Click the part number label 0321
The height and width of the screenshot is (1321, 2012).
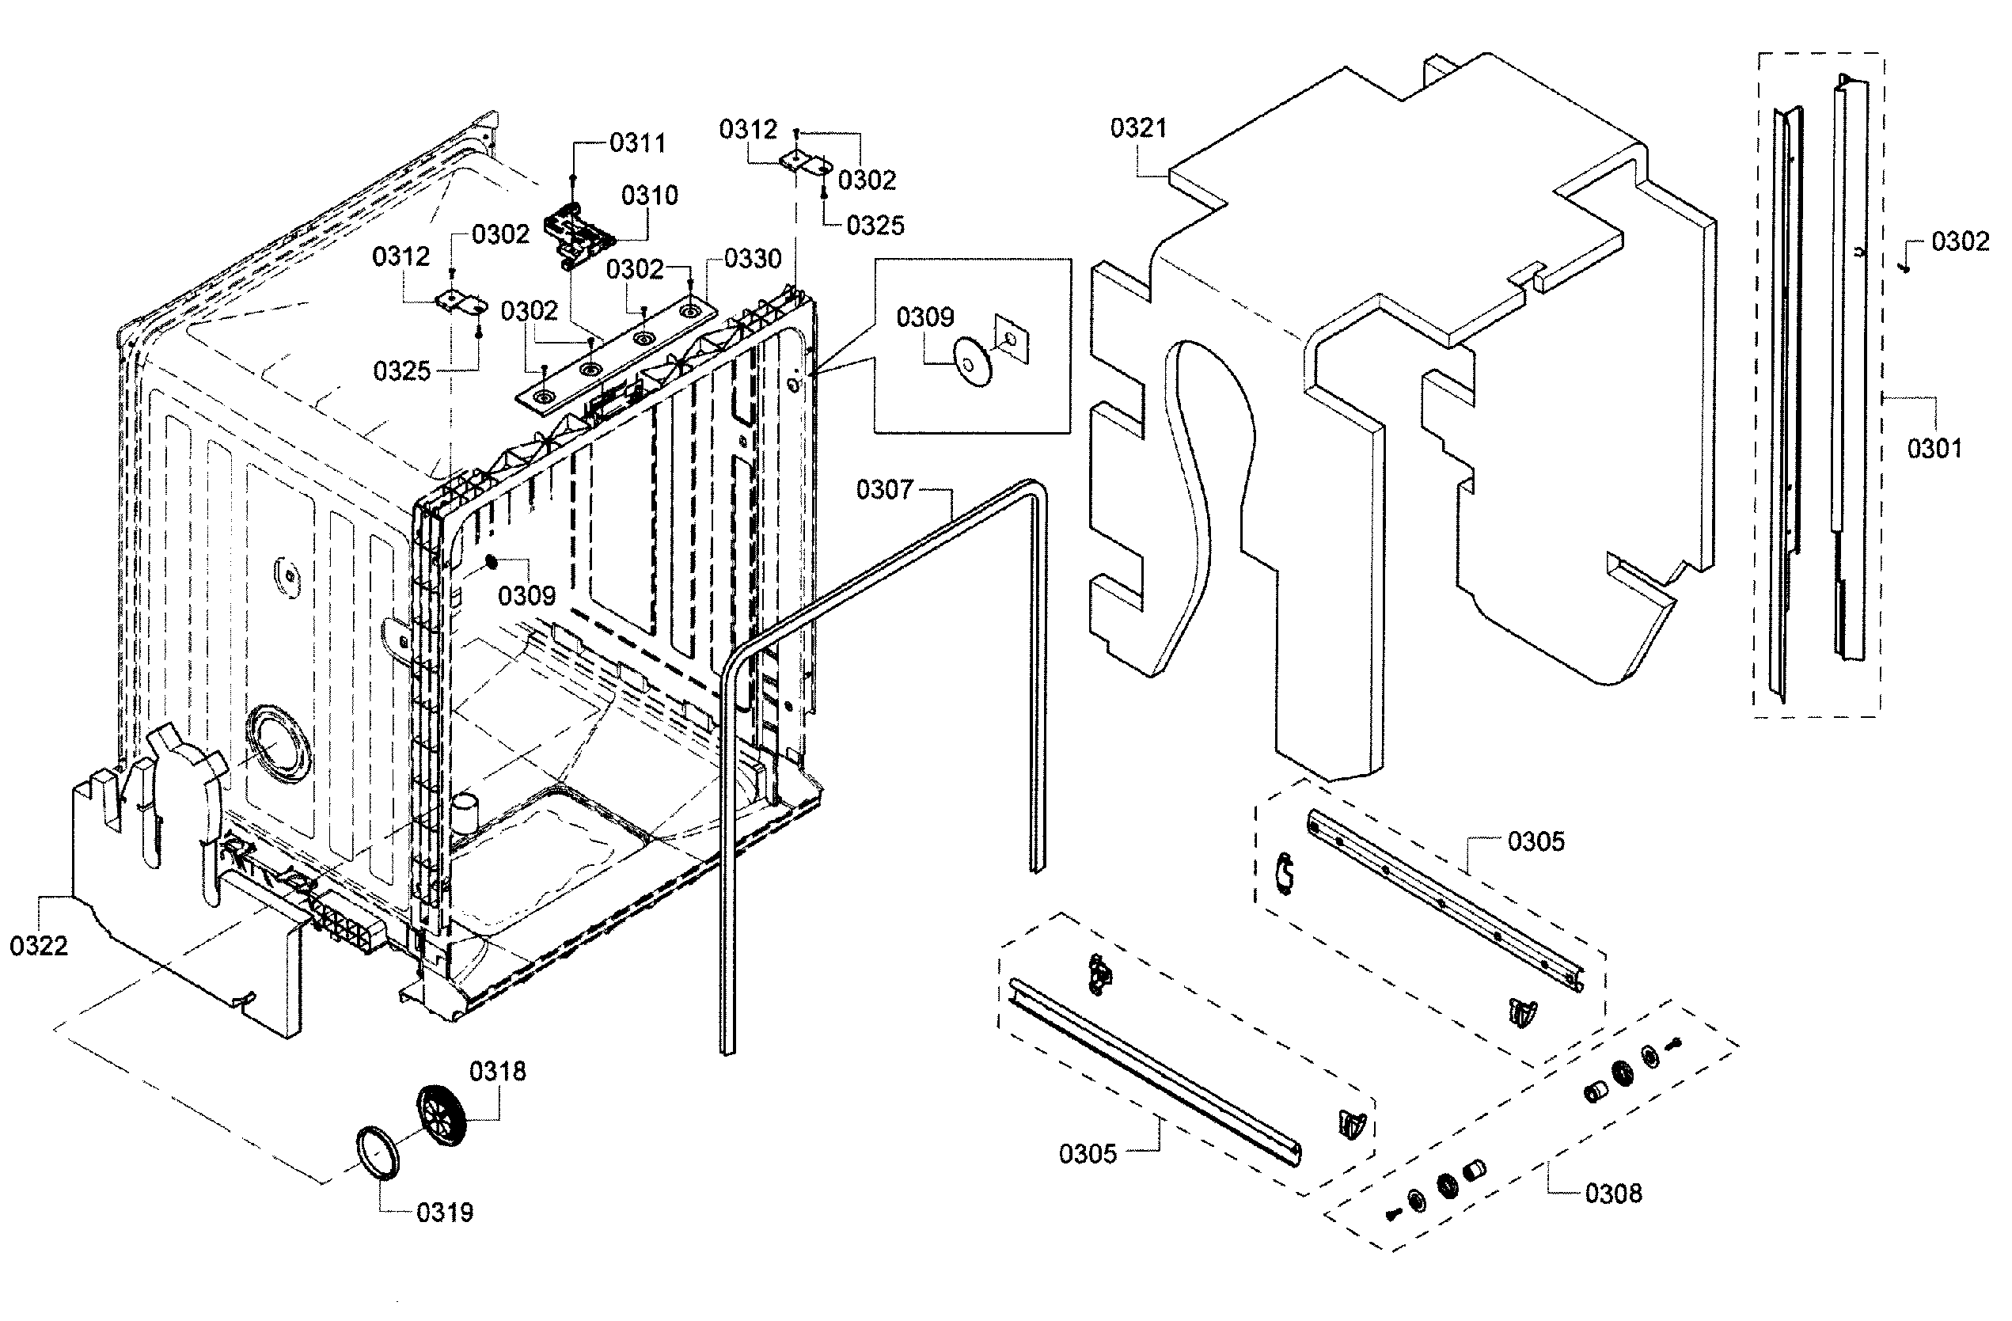[1138, 128]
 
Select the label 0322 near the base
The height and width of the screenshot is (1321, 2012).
[38, 946]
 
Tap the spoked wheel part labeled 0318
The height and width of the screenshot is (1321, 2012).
[442, 1116]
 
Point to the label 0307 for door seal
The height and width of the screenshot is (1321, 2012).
[884, 489]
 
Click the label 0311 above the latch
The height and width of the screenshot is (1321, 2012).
[637, 144]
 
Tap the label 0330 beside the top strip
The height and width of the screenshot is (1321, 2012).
[753, 259]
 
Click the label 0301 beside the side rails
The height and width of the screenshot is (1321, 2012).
[1934, 448]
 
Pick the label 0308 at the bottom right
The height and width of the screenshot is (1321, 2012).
[1613, 1194]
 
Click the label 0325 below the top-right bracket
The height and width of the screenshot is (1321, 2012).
[875, 226]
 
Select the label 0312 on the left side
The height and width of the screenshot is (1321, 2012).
[401, 256]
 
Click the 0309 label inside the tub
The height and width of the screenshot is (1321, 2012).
[526, 596]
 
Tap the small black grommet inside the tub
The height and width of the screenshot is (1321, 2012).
[490, 562]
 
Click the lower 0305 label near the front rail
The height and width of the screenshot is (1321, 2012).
[1088, 1154]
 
